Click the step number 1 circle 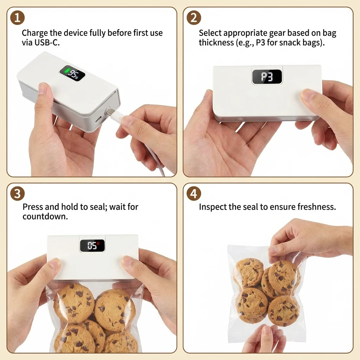[17, 18]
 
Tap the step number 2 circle [193, 18]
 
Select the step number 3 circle [17, 193]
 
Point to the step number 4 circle [193, 193]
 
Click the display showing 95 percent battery [72, 73]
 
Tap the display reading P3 [267, 77]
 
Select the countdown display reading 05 [92, 245]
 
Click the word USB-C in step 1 [45, 43]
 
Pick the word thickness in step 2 [215, 43]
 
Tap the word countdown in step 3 [45, 216]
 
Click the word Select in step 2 [210, 33]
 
